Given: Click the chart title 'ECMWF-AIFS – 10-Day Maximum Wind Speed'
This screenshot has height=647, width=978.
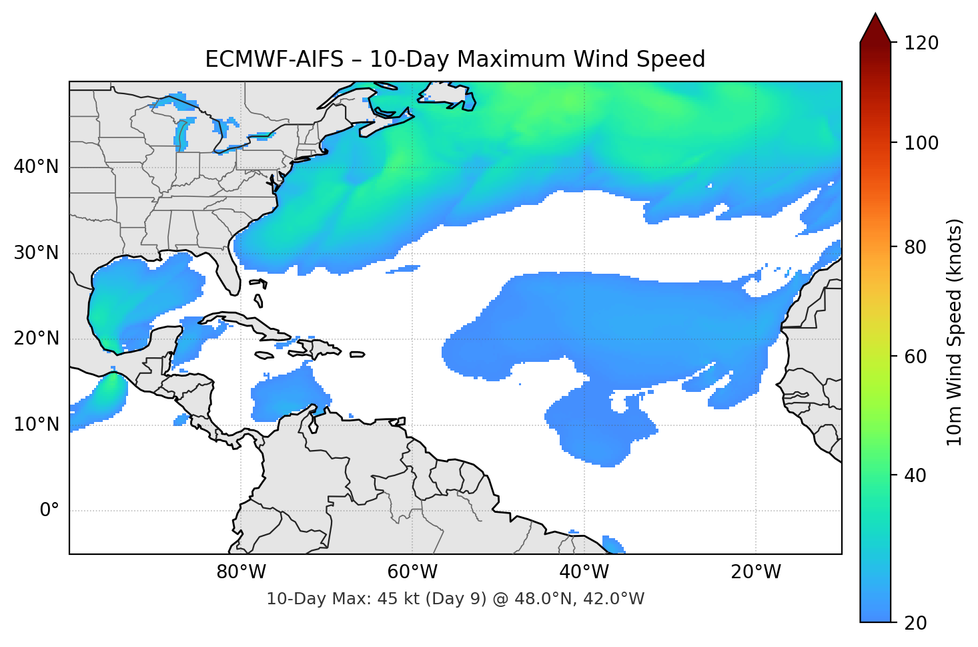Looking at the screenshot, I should click(x=455, y=59).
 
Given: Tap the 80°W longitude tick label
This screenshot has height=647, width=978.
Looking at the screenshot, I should click(x=241, y=572).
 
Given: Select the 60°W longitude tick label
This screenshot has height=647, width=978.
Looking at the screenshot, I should click(x=413, y=572).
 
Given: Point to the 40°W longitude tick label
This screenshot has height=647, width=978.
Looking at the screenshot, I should click(x=584, y=572).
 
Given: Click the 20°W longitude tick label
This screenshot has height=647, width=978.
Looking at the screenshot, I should click(x=756, y=572).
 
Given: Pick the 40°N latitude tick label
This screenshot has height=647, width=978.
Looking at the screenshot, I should click(x=37, y=167).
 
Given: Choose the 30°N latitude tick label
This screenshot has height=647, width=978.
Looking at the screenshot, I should click(x=37, y=253).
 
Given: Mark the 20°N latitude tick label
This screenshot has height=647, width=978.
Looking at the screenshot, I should click(x=37, y=339).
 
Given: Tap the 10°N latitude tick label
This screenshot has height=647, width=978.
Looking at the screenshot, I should click(x=37, y=425).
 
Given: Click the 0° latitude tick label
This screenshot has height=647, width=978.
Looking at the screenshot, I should click(x=49, y=511).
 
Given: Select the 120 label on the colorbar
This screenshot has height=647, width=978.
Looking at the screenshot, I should click(x=921, y=43).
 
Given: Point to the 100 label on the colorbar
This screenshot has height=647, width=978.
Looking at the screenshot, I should click(x=921, y=143).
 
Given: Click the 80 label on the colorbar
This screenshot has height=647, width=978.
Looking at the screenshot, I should click(x=915, y=247).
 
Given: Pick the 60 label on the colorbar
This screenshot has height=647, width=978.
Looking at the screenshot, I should click(x=915, y=357).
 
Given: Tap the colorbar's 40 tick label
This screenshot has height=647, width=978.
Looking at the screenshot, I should click(x=915, y=475).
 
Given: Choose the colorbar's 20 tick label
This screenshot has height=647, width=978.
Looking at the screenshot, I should click(x=915, y=623).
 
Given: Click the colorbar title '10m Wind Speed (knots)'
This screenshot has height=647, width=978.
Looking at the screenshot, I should click(x=955, y=332).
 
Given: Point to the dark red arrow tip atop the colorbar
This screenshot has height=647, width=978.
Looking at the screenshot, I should click(x=875, y=25).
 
